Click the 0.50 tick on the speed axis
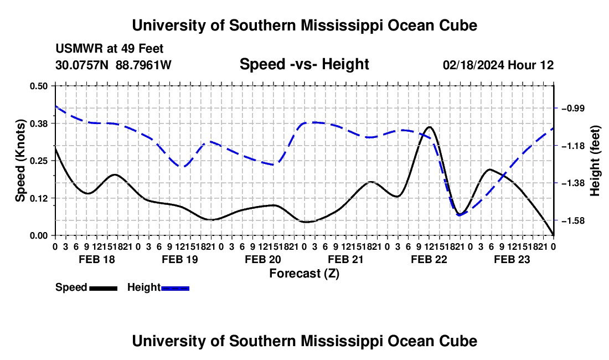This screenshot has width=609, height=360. (38, 86)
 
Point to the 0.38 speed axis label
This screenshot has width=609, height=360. (38, 124)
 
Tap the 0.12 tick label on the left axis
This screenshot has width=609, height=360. (38, 198)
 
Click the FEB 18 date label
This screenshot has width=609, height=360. (97, 259)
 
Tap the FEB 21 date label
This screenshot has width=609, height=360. (345, 259)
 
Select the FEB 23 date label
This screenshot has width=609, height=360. (512, 259)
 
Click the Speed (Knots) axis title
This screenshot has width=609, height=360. (20, 161)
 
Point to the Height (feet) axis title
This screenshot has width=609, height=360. (595, 161)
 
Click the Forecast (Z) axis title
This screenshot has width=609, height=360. (304, 274)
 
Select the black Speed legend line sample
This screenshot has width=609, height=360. (104, 288)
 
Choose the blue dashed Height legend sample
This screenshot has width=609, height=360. (175, 288)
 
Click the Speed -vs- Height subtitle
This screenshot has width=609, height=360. (304, 64)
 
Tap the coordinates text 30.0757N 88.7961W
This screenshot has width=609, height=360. (113, 65)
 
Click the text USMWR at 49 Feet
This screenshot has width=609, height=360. (110, 49)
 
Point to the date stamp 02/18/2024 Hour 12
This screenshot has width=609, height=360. (498, 65)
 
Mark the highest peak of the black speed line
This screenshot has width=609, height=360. (429, 127)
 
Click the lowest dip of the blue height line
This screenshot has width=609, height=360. (460, 215)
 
